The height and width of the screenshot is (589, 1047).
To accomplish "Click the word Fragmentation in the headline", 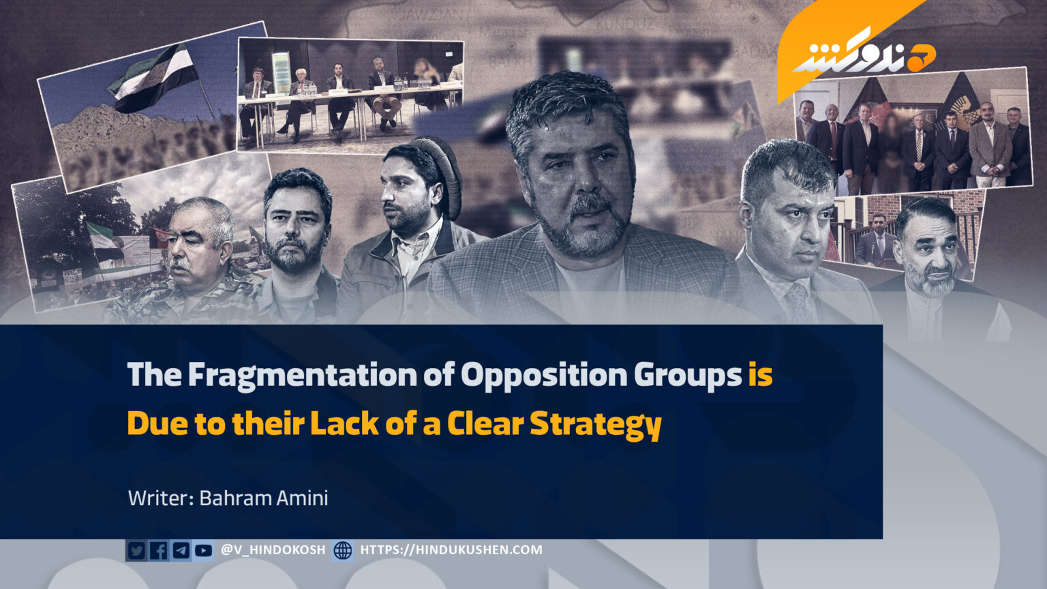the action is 303,376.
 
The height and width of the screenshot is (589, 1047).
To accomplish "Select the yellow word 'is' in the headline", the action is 761,374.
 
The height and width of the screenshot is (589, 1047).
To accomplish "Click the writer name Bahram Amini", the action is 264,498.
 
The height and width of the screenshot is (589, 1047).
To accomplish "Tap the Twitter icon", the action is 136,550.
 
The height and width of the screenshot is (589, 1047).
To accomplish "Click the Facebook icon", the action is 159,550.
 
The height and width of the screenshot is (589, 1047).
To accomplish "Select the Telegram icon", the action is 181,550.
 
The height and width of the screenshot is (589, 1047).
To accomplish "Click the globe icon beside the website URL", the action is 343,550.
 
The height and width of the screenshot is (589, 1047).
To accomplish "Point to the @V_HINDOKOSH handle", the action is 273,549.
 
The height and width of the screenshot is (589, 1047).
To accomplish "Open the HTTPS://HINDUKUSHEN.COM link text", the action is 451,549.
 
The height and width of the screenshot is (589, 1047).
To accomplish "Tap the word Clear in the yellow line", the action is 485,423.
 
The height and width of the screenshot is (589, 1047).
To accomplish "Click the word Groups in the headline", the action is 688,376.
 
